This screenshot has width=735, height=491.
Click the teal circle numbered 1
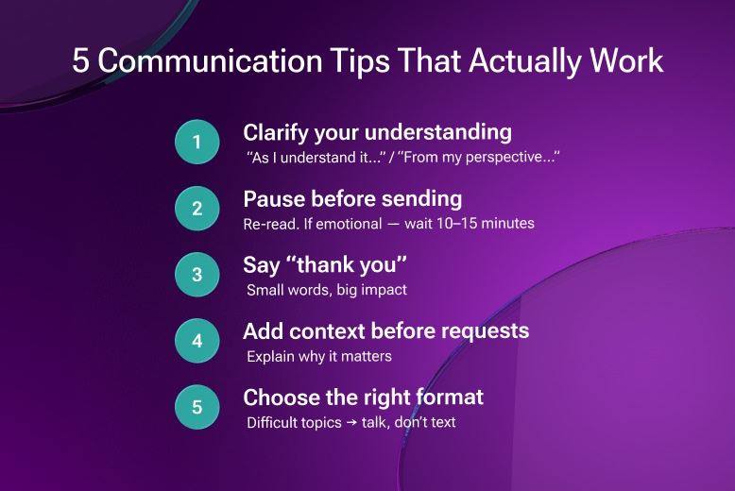coord(197,143)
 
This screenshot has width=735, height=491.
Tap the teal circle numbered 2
coord(197,209)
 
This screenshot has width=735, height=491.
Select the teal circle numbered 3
coord(197,275)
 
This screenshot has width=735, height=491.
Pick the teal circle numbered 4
coord(197,341)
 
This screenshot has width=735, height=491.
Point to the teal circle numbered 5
coord(197,407)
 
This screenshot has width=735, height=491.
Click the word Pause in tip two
coord(273,199)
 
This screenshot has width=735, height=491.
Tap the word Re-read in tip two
coord(269,224)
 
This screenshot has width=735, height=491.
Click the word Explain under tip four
coord(272,356)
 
